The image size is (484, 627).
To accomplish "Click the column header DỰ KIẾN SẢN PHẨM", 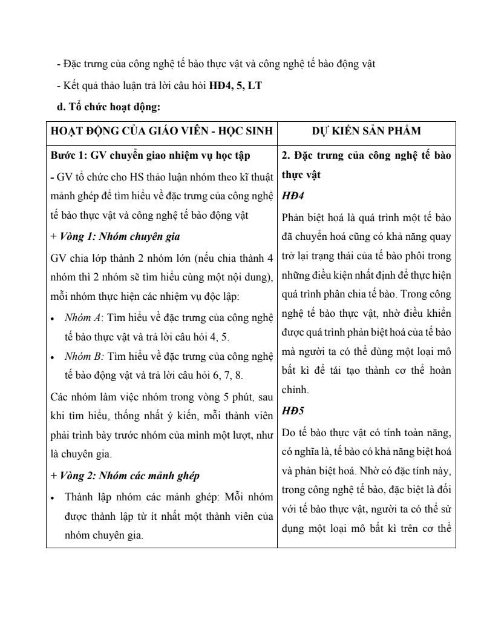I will [367, 131].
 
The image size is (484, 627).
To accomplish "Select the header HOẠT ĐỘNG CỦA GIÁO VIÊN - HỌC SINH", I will [162, 131].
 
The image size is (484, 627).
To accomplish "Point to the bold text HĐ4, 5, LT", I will [235, 85].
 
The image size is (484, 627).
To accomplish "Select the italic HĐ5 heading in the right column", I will [293, 411].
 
